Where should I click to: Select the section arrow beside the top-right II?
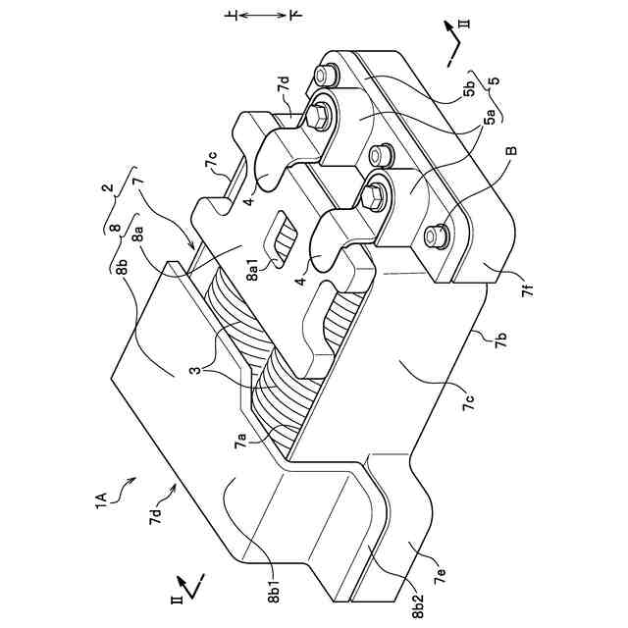454,44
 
